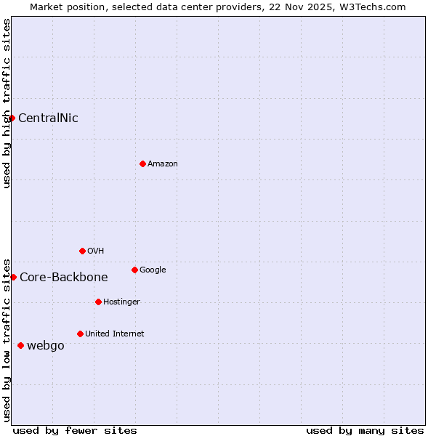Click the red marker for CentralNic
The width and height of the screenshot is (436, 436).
tap(12, 118)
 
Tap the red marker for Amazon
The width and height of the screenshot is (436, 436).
tap(142, 163)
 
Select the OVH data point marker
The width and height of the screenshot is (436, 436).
tap(82, 251)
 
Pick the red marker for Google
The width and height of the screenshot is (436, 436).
tap(134, 270)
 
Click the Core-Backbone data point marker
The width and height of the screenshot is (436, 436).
tap(13, 277)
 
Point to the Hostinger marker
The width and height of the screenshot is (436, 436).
tap(98, 302)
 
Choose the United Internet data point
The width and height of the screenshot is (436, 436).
tap(80, 334)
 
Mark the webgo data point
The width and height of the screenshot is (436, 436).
tap(20, 345)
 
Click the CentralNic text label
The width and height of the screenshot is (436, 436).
tap(48, 118)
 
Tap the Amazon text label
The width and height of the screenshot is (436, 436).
tap(163, 163)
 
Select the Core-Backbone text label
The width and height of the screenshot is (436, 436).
tap(64, 277)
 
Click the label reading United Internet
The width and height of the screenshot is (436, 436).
tap(115, 334)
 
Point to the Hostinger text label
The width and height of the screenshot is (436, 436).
tap(121, 302)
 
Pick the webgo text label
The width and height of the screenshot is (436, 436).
tap(46, 345)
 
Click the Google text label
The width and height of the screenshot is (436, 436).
tap(153, 270)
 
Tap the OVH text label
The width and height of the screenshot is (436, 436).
tap(96, 251)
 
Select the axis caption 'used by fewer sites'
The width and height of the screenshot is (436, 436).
tap(75, 430)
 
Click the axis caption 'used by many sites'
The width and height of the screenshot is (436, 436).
tap(365, 430)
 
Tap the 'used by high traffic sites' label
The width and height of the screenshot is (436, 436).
tap(7, 103)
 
